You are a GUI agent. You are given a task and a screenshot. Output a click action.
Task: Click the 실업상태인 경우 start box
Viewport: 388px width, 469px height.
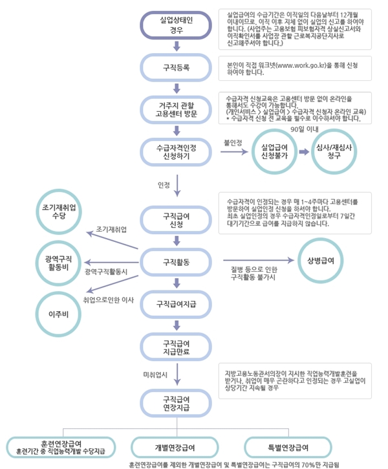[177, 25]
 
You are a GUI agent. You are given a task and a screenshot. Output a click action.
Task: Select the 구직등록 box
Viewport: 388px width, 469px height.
[177, 67]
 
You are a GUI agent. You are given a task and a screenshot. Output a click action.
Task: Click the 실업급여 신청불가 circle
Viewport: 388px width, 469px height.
[274, 152]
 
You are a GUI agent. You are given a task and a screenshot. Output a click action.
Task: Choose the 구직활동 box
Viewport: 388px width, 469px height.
[177, 262]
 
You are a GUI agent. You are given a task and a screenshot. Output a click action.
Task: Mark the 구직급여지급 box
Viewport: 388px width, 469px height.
[177, 303]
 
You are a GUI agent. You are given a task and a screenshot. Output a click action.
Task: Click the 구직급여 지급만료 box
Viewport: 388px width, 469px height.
[177, 347]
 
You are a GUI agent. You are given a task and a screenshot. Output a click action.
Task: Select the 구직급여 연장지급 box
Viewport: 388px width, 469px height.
[177, 403]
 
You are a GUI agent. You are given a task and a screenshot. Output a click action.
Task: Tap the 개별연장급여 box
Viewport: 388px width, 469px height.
[175, 448]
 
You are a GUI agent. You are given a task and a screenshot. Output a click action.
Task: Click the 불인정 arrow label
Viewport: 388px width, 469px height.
[232, 142]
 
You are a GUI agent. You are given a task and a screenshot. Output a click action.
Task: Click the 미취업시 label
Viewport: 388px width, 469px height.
[155, 374]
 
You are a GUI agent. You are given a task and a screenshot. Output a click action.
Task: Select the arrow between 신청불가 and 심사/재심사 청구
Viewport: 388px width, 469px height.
[304, 152]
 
